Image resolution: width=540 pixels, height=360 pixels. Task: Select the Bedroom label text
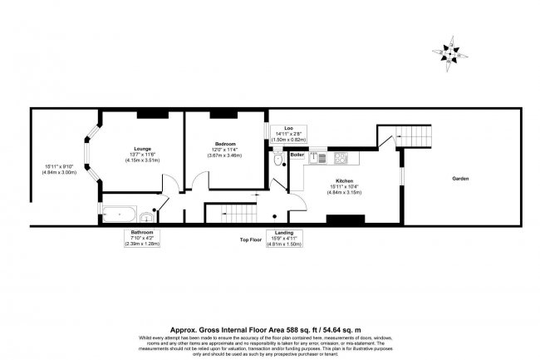224,144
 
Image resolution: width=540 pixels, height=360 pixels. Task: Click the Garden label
462,179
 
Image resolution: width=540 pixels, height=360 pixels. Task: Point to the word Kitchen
345,180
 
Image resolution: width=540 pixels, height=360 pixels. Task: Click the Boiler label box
297,155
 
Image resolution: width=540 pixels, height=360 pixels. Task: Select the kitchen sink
316,155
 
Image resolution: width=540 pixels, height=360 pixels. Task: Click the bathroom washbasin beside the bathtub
145,213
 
